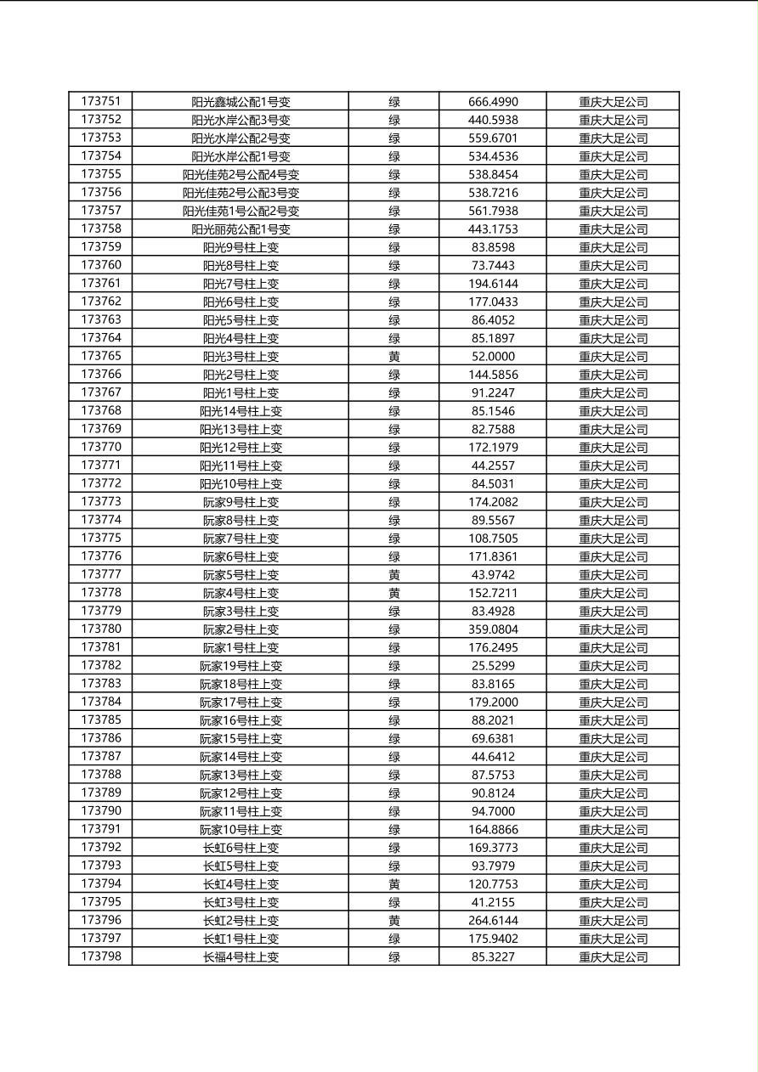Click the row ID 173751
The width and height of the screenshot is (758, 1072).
100,101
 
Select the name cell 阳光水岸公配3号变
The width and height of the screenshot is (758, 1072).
240,120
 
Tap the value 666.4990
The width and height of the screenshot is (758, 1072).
493,102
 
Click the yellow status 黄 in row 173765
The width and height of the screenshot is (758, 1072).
394,357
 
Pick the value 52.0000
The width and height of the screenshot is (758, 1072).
493,357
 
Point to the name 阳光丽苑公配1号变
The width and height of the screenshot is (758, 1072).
240,229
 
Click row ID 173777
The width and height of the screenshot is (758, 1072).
100,574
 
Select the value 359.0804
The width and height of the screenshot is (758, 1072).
493,629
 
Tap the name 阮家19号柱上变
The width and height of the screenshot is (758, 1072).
240,666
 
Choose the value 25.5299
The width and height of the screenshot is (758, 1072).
493,666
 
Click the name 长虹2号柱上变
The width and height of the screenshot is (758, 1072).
240,921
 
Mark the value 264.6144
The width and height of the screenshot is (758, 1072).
493,921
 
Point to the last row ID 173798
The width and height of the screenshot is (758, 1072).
100,956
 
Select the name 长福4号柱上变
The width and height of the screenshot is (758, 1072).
240,957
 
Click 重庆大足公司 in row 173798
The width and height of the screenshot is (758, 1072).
613,957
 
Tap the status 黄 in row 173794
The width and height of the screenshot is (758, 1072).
394,884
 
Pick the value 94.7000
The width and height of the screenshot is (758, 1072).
493,811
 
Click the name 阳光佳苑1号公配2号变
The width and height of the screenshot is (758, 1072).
240,211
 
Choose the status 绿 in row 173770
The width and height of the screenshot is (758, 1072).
394,448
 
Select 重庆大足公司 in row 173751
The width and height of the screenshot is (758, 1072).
613,102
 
